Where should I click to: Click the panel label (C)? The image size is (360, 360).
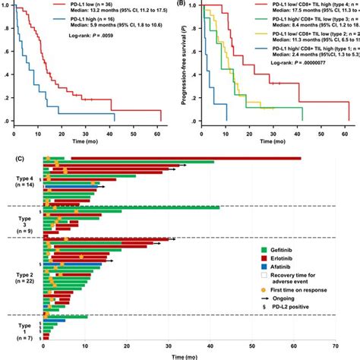pyautogui.click(x=7, y=151)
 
